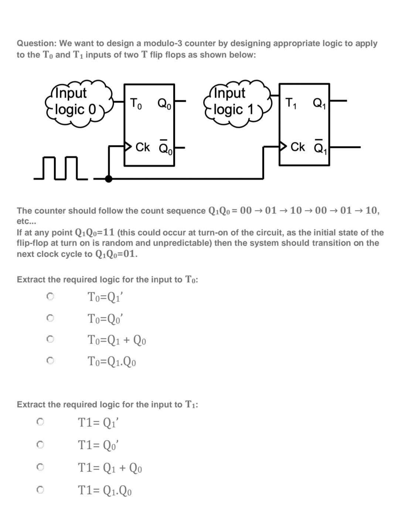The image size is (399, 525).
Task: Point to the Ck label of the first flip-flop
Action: (x=143, y=147)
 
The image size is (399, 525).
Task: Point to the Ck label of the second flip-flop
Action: (x=298, y=147)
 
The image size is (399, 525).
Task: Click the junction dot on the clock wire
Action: (x=109, y=179)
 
